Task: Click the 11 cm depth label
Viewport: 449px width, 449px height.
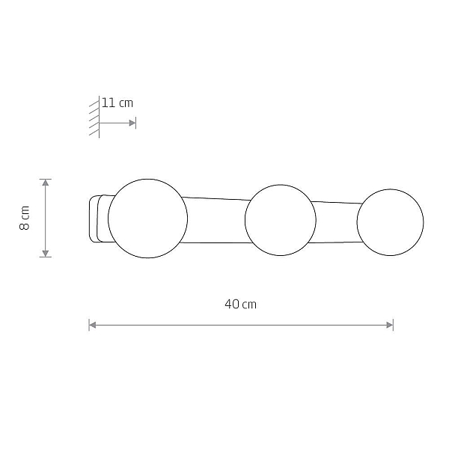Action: tap(117, 103)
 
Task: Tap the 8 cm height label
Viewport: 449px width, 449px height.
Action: tap(25, 218)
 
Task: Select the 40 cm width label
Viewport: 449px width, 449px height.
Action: tap(240, 304)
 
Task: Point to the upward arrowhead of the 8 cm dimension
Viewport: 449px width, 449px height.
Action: tap(46, 183)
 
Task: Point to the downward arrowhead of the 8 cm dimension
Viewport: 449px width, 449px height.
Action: tap(46, 254)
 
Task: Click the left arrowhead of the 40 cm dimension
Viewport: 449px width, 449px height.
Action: tap(93, 325)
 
